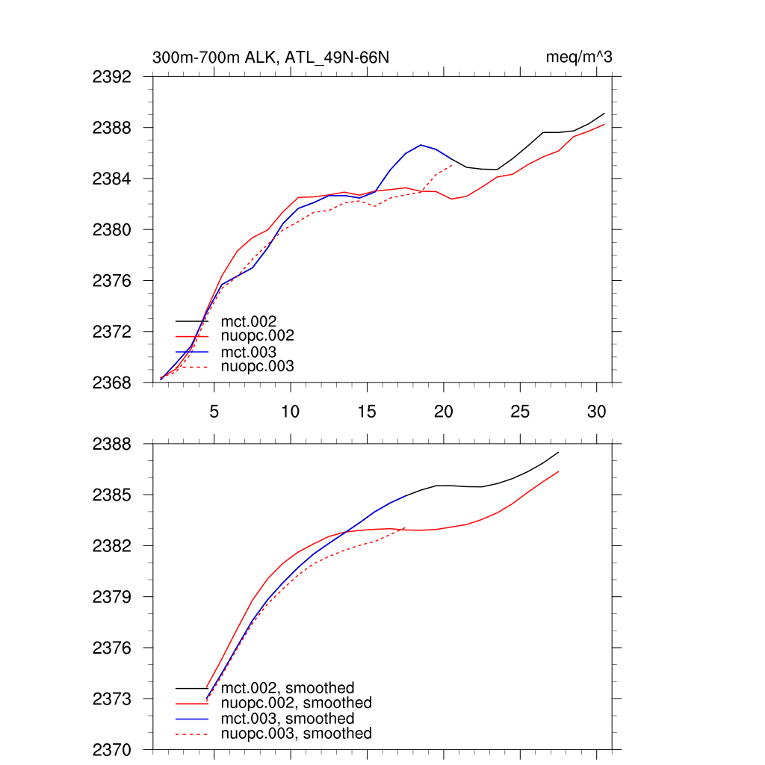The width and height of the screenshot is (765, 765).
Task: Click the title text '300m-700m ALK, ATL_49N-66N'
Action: [270, 58]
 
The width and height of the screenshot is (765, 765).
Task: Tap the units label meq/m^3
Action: [580, 58]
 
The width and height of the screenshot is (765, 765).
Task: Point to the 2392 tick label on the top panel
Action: [112, 77]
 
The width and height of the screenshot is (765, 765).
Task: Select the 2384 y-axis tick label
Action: [112, 179]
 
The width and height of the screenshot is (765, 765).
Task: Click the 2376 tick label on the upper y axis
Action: [112, 281]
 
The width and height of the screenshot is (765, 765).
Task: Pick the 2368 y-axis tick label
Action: [112, 382]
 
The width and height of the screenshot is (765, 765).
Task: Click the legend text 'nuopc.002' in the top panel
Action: [258, 336]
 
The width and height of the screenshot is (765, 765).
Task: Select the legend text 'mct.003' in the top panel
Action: [249, 352]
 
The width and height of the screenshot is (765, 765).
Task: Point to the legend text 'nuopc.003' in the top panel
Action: [258, 367]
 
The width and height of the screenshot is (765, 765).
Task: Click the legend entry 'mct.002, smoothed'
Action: [288, 688]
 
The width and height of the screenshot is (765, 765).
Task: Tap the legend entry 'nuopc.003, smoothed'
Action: [297, 734]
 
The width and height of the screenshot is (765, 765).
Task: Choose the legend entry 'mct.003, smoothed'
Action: [288, 719]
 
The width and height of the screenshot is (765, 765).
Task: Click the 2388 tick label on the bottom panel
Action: [112, 444]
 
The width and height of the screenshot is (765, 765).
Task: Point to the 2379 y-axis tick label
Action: [112, 597]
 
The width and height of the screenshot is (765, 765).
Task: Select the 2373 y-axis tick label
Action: [112, 699]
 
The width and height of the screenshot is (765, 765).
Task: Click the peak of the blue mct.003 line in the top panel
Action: [421, 145]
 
